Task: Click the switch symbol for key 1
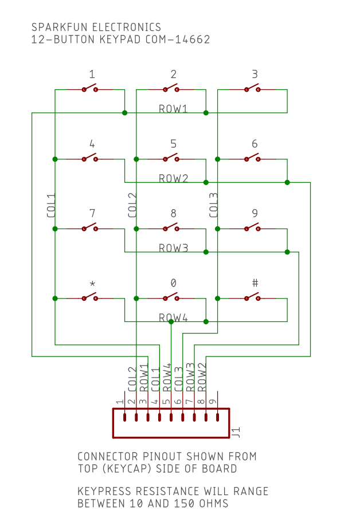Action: click(x=89, y=89)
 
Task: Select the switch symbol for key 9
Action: click(x=252, y=228)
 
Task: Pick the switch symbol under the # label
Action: click(x=252, y=297)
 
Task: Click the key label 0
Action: click(x=173, y=283)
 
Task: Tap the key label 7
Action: click(x=92, y=213)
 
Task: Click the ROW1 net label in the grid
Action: click(x=173, y=109)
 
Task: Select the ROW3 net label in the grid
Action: click(x=173, y=248)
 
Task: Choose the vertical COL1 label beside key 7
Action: click(x=50, y=206)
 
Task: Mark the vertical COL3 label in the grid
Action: click(x=213, y=206)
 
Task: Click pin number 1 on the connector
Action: click(x=119, y=402)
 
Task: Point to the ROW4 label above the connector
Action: click(x=167, y=378)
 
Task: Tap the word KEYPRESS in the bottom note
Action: click(x=104, y=492)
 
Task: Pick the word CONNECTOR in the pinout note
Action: click(x=106, y=457)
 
